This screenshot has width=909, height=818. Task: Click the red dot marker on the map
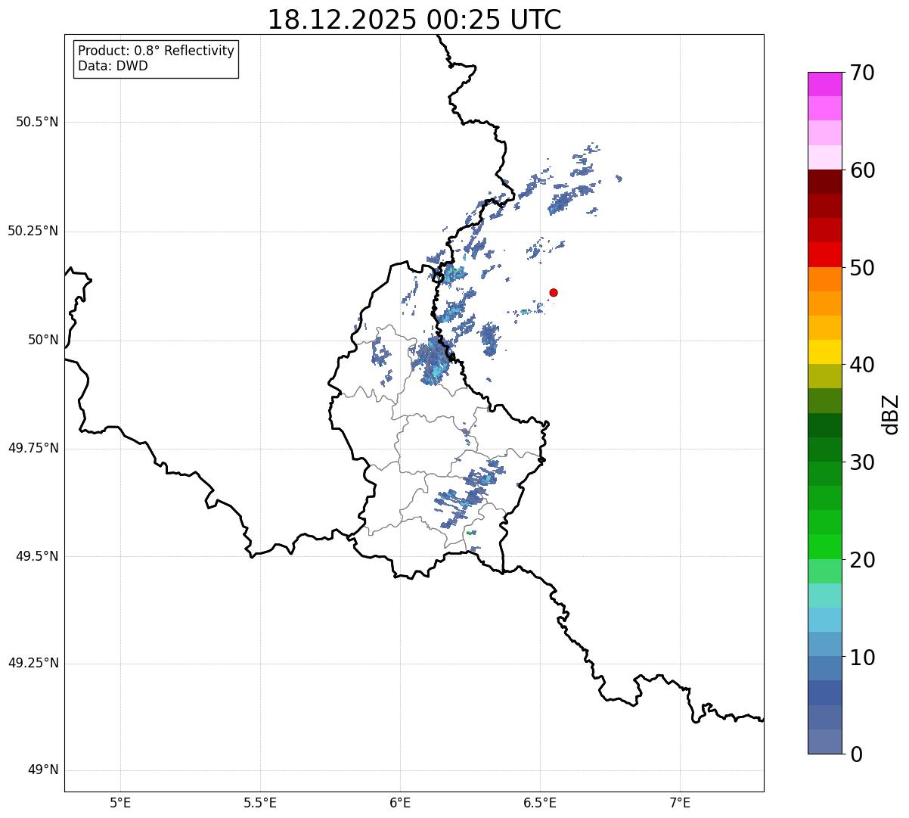(554, 292)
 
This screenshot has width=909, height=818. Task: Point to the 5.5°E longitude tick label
(260, 802)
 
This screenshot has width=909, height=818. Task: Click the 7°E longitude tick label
(680, 802)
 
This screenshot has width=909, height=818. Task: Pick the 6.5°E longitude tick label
(540, 802)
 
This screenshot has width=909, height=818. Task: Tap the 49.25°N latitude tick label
(33, 664)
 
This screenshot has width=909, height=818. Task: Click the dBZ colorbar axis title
(892, 414)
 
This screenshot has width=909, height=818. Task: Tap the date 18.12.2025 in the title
(342, 20)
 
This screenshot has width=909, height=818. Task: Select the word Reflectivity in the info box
(199, 51)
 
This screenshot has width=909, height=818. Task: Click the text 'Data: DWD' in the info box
(113, 66)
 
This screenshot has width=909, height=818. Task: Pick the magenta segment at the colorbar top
(824, 84)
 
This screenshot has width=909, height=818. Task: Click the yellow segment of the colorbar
(824, 352)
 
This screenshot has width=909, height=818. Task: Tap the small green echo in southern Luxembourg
(470, 533)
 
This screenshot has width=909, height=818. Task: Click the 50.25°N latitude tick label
(33, 231)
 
